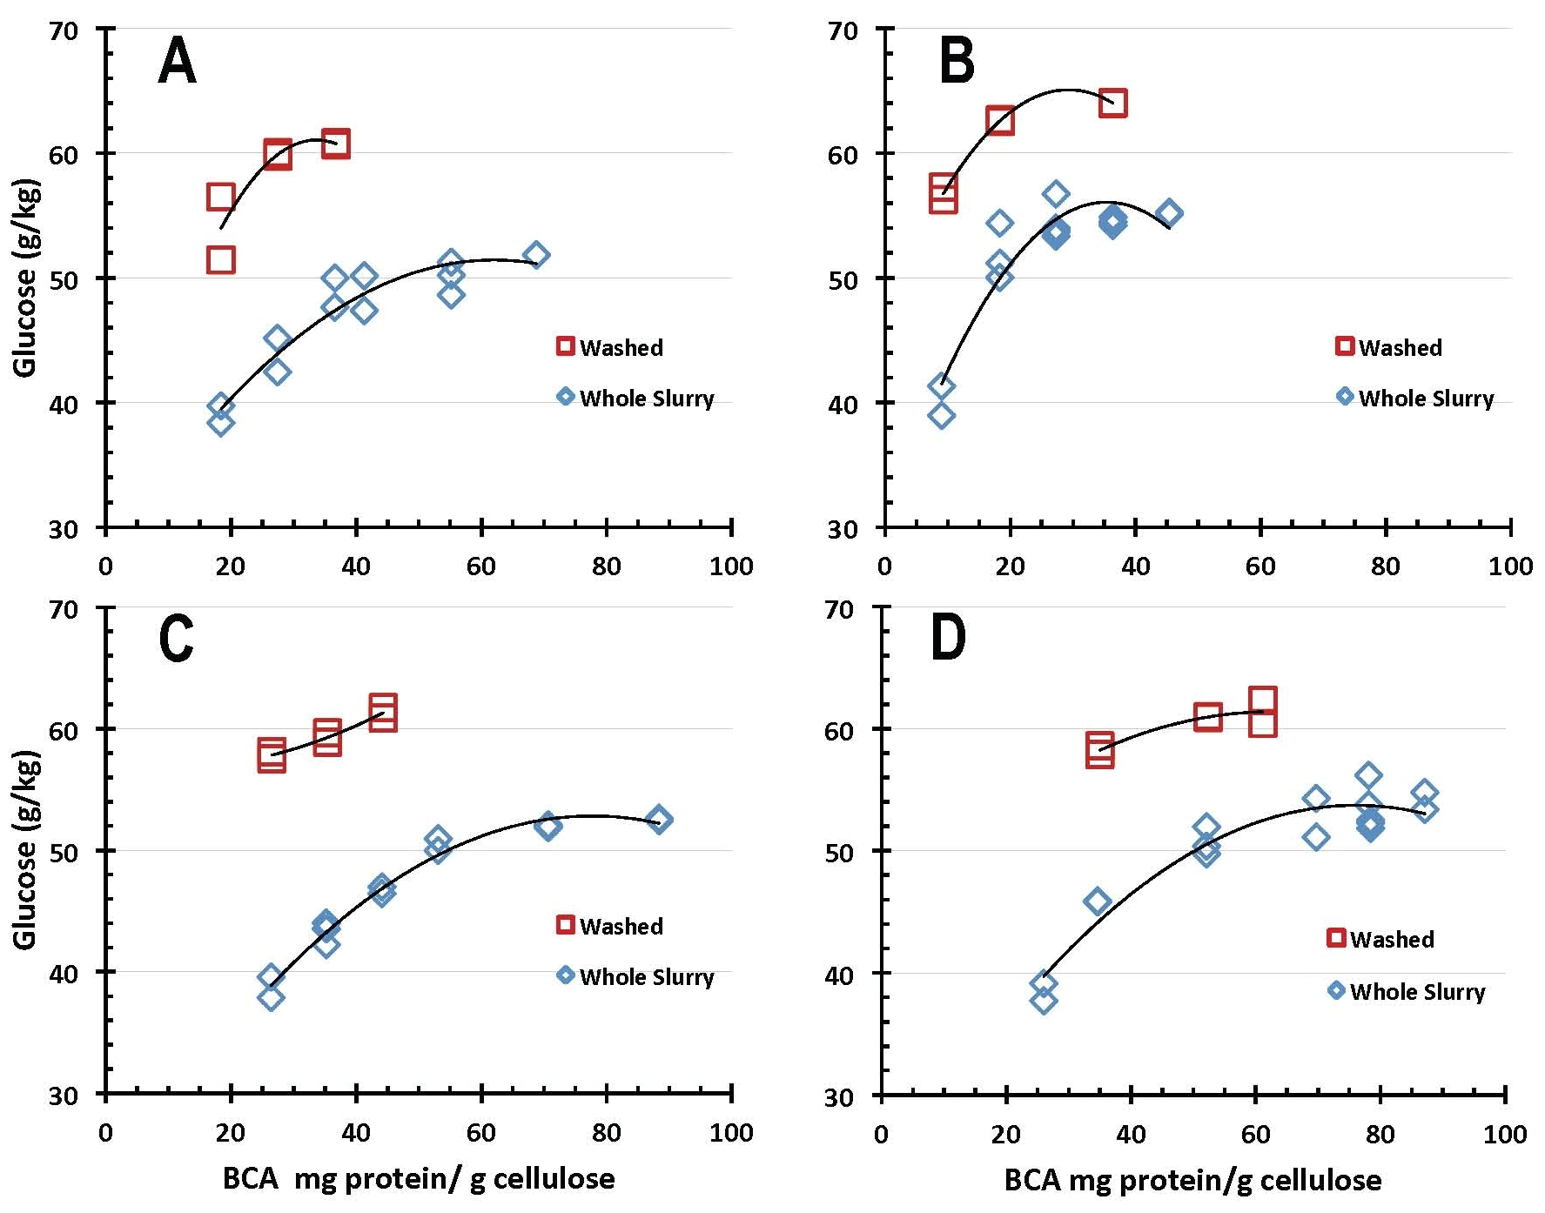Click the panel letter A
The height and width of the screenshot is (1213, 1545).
[x=177, y=62]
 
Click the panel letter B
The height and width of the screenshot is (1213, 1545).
[x=957, y=62]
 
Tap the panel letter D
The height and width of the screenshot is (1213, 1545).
[x=948, y=639]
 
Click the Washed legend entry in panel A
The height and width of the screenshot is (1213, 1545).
[x=610, y=347]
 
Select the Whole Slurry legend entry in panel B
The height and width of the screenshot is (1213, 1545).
[x=1415, y=398]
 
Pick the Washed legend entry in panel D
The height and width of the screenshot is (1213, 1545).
[x=1380, y=939]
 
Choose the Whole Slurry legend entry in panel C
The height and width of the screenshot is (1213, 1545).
[x=635, y=976]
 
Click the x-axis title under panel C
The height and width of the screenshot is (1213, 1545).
[x=419, y=1179]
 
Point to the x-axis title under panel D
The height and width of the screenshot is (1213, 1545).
[x=1192, y=1180]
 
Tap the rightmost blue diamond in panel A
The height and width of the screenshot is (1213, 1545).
[x=536, y=255]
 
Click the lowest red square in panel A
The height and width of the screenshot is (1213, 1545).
[x=221, y=259]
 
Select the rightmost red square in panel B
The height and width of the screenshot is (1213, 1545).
[x=1112, y=103]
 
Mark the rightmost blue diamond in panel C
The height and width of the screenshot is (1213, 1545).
[x=659, y=820]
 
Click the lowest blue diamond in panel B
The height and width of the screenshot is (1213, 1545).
[x=941, y=415]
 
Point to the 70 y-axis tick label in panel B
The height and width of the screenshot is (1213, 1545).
[x=843, y=31]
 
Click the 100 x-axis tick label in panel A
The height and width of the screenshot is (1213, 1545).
[x=731, y=566]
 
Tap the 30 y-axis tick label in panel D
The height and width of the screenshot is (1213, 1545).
[x=839, y=1096]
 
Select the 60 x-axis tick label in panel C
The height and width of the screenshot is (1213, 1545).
[x=480, y=1133]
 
